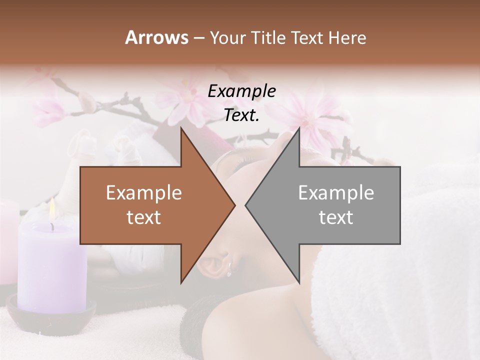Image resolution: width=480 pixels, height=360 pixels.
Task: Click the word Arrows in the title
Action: click(156, 37)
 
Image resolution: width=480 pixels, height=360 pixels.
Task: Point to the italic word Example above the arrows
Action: click(241, 91)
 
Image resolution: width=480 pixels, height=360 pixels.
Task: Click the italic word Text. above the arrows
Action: click(241, 115)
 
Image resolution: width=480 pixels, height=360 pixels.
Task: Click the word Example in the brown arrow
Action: click(144, 193)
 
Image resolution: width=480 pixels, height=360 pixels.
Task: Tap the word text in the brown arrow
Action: click(144, 217)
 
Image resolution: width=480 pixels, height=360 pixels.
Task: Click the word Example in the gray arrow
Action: click(336, 193)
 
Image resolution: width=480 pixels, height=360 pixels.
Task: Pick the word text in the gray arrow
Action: click(336, 217)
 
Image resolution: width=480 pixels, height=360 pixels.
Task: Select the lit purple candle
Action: click(52, 265)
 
